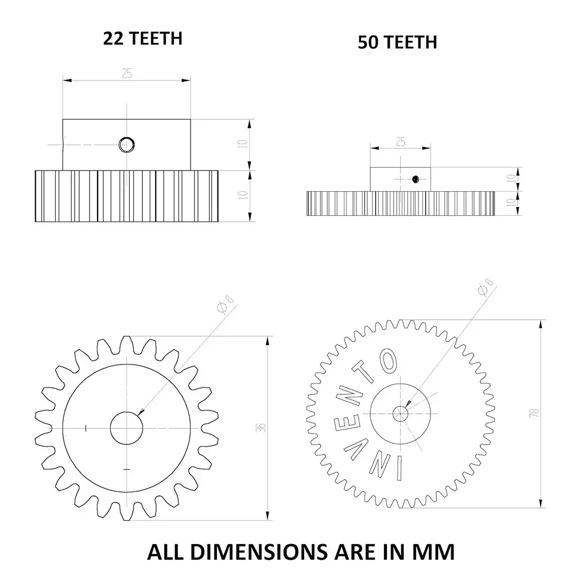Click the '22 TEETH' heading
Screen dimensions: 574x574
142,38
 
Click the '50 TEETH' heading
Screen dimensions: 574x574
397,42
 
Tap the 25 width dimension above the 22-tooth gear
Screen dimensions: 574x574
126,73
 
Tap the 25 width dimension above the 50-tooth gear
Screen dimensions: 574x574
401,141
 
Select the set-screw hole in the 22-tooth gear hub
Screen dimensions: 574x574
125,145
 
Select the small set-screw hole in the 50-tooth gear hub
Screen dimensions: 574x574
415,180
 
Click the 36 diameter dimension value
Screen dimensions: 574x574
261,427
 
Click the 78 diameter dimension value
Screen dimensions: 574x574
534,413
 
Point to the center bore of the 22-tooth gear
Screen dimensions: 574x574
126,428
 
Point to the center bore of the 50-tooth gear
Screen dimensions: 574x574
401,412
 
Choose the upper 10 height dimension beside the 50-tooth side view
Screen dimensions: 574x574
510,179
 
